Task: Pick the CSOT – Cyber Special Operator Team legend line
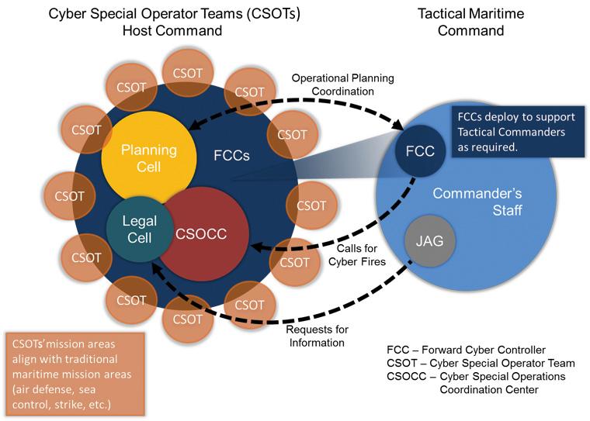(480, 362)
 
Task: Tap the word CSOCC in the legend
(407, 376)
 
